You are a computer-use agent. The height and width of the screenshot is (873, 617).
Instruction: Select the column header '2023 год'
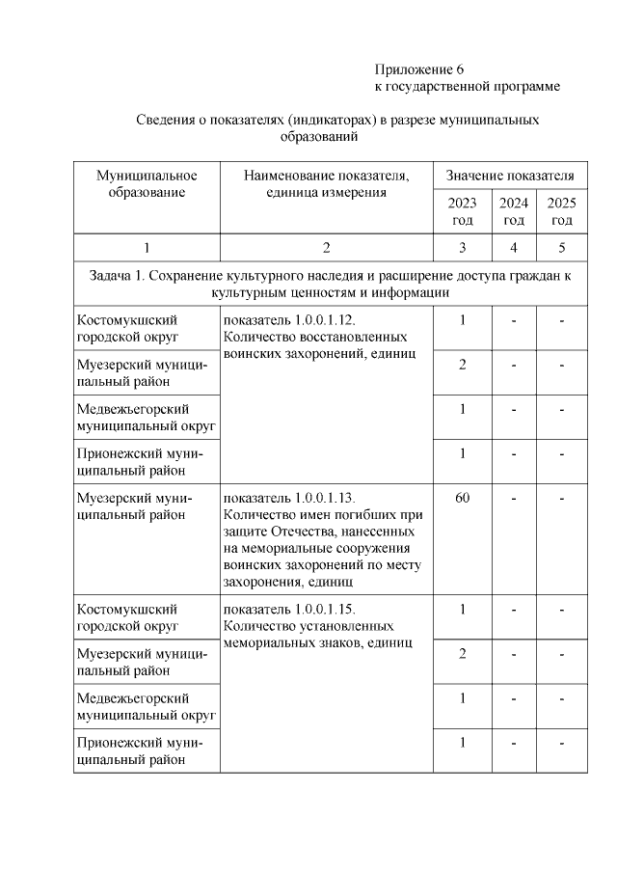[x=462, y=210]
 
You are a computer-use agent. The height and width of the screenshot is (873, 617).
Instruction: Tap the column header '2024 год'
[x=513, y=210]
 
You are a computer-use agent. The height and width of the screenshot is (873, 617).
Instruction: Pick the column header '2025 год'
[x=561, y=210]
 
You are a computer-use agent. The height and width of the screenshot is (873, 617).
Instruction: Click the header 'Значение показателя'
[x=510, y=176]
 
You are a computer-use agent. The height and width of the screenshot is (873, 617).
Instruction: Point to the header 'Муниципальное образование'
[x=147, y=183]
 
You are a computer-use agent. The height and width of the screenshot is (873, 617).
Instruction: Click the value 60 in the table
[x=462, y=499]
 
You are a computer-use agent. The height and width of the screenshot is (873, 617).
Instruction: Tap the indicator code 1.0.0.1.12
[x=325, y=320]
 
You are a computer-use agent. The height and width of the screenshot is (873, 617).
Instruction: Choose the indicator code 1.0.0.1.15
[x=325, y=610]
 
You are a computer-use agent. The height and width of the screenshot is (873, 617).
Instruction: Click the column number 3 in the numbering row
[x=462, y=248]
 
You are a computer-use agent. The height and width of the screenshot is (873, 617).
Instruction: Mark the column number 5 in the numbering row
[x=561, y=248]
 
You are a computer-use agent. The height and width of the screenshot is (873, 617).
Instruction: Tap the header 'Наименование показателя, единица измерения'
[x=326, y=183]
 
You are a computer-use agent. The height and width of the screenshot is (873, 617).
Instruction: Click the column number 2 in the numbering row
[x=326, y=248]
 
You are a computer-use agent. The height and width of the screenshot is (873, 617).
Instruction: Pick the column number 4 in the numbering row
[x=513, y=248]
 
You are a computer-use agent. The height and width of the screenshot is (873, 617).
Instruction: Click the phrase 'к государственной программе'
[x=467, y=87]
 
